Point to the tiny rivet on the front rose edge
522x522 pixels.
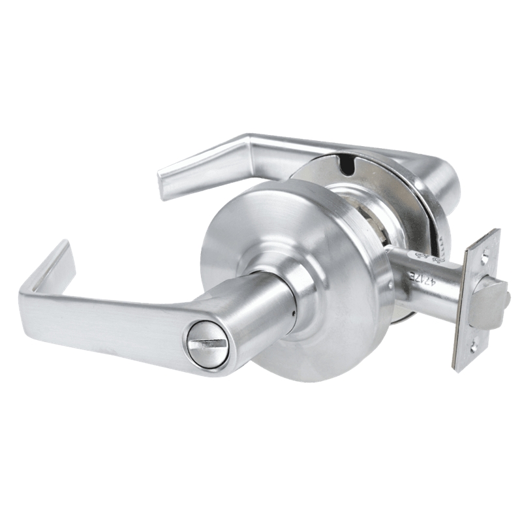click(390, 284)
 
